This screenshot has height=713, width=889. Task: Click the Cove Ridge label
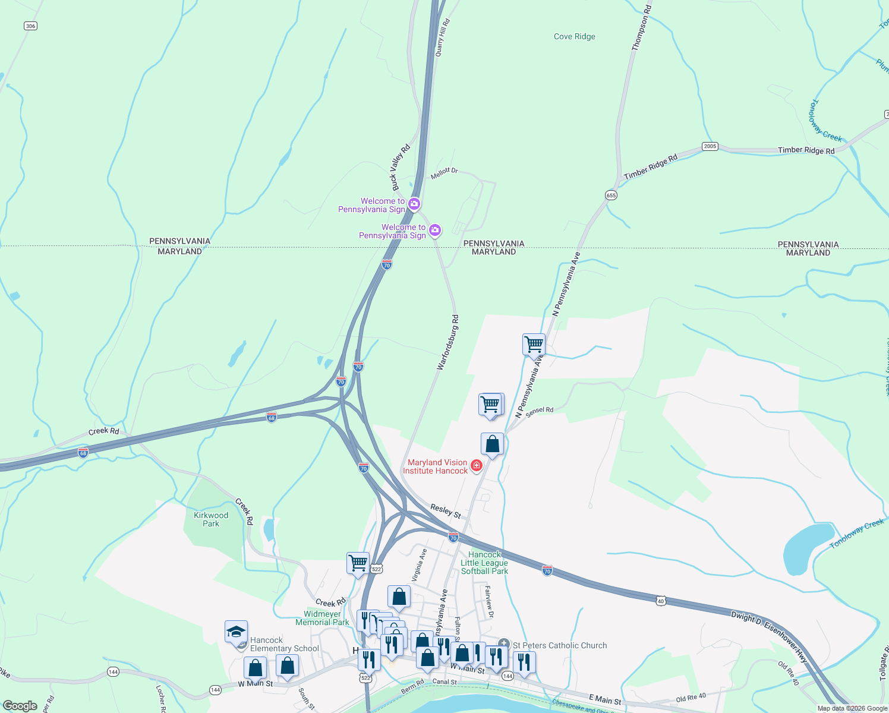[574, 37]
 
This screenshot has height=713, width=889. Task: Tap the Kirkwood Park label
[211, 519]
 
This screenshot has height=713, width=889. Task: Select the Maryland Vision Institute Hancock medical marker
[476, 466]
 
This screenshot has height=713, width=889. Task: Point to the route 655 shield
[611, 195]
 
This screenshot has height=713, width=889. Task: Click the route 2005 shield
[710, 146]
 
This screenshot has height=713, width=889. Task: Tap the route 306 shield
[31, 26]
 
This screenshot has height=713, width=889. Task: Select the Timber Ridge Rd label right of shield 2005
[806, 150]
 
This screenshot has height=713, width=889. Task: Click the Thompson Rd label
[642, 27]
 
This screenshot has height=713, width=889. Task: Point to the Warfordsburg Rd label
[448, 343]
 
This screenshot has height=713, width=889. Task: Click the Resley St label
[446, 510]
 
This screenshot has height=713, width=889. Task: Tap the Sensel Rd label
[540, 410]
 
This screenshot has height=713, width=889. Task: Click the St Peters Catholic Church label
[560, 645]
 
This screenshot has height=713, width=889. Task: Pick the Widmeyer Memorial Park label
[322, 618]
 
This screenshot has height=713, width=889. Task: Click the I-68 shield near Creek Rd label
[83, 453]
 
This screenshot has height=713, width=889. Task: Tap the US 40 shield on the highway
[661, 601]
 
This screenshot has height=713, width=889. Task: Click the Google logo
[20, 706]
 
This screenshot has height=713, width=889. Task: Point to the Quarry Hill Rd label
[443, 37]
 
